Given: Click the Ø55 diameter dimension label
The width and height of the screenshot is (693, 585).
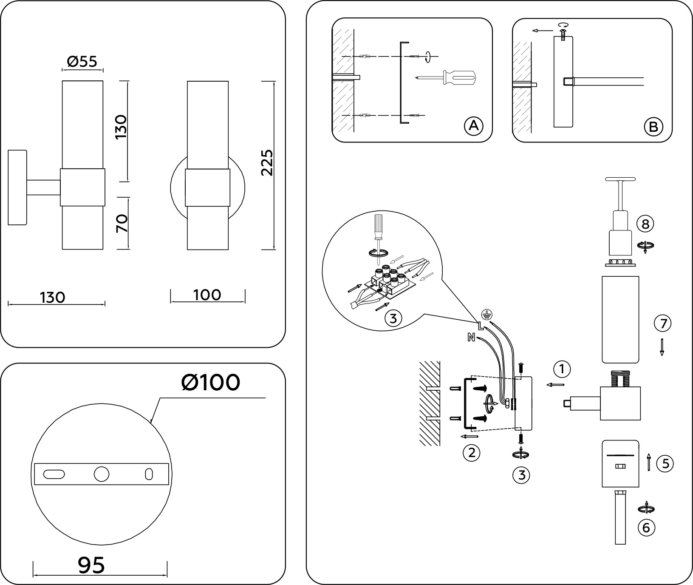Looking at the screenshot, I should (82, 62).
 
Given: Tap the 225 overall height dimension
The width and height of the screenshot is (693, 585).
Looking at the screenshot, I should (267, 162).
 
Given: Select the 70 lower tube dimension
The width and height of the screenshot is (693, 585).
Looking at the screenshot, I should (122, 223).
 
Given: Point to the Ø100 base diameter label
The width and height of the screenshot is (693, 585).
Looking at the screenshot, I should (210, 383).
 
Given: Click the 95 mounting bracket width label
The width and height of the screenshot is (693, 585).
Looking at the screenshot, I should (91, 565).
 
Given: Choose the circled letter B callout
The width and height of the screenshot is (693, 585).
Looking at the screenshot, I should (653, 126).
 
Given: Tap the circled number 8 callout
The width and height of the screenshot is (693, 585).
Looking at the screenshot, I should (645, 224).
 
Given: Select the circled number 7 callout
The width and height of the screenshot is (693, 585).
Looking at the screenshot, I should (662, 324).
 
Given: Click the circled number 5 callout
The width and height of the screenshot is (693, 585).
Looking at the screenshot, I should (665, 463).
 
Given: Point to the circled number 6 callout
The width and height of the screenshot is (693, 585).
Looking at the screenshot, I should (646, 528).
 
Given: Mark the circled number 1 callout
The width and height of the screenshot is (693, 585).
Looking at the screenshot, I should (563, 369).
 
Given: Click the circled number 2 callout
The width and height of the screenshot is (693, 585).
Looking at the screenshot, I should (471, 453).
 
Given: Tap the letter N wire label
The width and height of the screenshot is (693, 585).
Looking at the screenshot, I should (471, 338).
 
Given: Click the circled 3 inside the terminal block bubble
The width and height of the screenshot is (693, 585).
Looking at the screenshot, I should (393, 318).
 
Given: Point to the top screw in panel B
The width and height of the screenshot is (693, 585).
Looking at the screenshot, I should (564, 31).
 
